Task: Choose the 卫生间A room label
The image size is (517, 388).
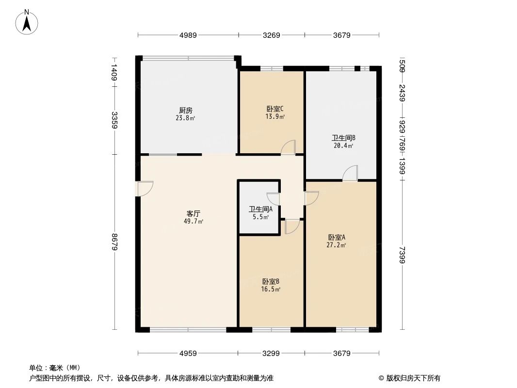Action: pos(260,210)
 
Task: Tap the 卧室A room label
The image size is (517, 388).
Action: pos(336,237)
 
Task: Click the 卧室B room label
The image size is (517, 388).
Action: pos(271,281)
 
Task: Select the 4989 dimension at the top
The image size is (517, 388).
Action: pos(188,35)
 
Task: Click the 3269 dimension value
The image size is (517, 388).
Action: pos(271,35)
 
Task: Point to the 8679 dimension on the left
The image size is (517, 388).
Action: pos(114,242)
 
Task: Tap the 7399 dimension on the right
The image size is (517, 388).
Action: pos(402,254)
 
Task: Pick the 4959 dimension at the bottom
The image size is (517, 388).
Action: pos(188,354)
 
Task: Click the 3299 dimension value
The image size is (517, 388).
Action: pos(271,354)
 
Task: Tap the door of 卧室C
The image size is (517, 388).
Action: pos(288,147)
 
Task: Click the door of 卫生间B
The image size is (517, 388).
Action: pos(350,173)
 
